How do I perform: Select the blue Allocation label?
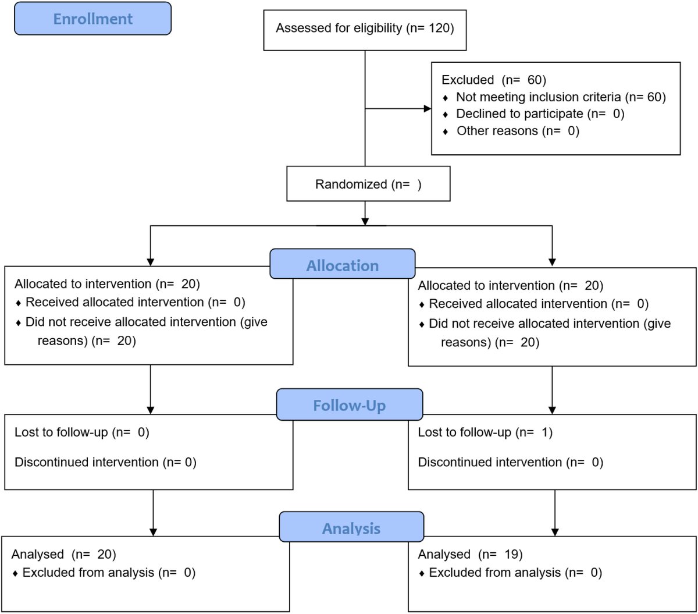(x=343, y=265)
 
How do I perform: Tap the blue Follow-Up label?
(x=349, y=405)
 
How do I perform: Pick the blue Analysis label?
(x=351, y=528)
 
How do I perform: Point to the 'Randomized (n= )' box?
(x=368, y=184)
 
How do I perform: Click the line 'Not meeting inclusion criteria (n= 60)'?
(x=560, y=97)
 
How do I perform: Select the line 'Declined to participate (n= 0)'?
(x=540, y=113)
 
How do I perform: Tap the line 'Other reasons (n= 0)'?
(x=518, y=131)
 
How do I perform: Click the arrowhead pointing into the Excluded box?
(x=428, y=109)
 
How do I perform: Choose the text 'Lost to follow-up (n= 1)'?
(x=485, y=432)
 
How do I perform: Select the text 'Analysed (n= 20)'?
(x=64, y=555)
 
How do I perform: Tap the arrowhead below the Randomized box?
(x=365, y=221)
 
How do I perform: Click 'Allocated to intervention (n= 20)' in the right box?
(x=511, y=286)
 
